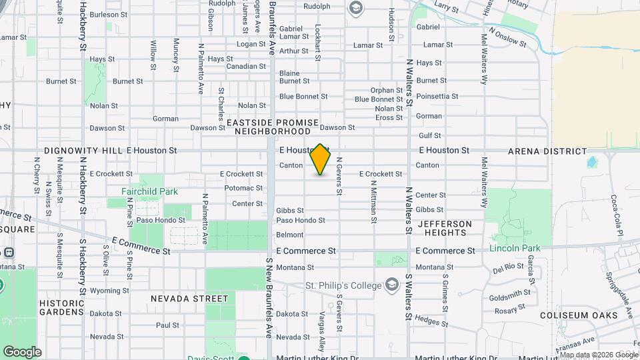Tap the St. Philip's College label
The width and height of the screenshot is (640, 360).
pos(344,285)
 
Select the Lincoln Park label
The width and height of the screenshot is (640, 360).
pos(515,248)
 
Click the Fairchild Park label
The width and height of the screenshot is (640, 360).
pos(149,191)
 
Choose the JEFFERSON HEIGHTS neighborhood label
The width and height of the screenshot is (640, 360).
pos(445,228)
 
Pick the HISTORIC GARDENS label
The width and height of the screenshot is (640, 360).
pos(61,307)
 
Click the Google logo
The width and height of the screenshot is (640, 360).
pos(21,352)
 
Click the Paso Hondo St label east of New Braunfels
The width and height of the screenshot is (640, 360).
pos(301,220)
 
